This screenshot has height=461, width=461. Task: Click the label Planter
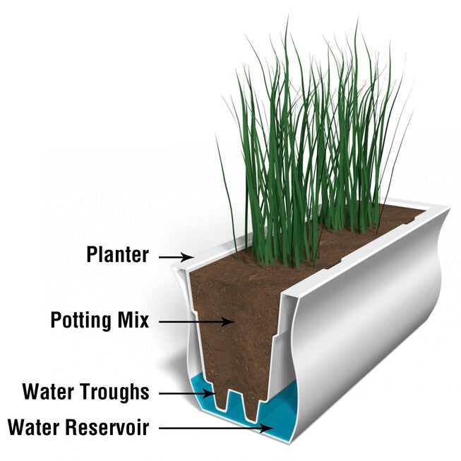tap(117, 254)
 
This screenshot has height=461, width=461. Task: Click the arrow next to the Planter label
tap(176, 257)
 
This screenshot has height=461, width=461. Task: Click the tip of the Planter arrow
tap(193, 257)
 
